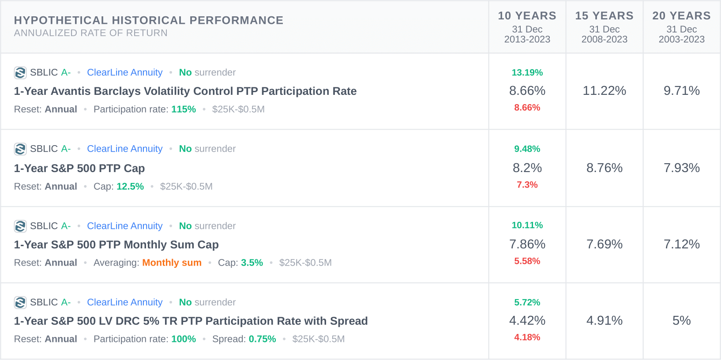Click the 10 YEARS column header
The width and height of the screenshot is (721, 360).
[527, 16]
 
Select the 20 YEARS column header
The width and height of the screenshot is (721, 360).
[681, 16]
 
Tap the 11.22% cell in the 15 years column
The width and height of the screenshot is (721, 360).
[604, 91]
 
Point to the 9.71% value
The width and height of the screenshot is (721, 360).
[681, 91]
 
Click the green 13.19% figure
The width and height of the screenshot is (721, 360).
[527, 72]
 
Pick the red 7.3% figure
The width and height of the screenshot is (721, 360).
[527, 185]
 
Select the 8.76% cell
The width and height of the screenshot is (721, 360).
[604, 168]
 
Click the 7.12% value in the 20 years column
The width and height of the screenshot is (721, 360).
[681, 244]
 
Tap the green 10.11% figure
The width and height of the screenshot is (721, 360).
[527, 225]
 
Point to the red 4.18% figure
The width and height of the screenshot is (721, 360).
[527, 337]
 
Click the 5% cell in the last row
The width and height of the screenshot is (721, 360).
[681, 321]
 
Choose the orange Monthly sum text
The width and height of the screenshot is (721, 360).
[172, 263]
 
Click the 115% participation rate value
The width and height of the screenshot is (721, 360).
[184, 109]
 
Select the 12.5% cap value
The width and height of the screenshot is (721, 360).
[130, 187]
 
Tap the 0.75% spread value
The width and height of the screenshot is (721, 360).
[262, 339]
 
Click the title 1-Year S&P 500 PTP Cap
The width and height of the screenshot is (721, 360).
[79, 169]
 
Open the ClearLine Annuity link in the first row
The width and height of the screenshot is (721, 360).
[124, 72]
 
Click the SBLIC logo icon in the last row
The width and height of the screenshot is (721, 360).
[20, 303]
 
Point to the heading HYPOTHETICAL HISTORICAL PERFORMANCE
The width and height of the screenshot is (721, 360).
[149, 20]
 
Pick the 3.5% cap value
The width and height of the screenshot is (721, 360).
[252, 263]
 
